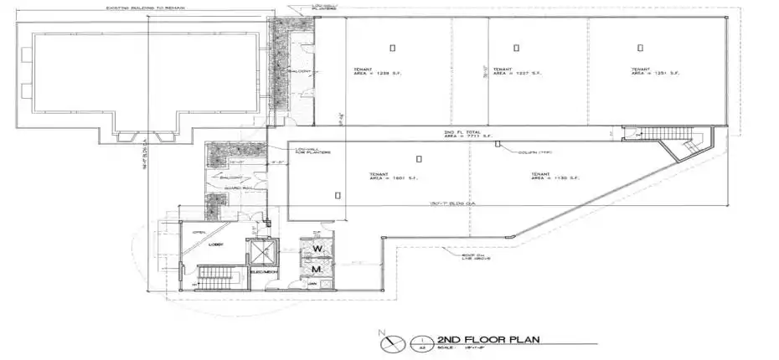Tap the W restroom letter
318,249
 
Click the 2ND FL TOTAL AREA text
462,135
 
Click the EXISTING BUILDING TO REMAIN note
145,8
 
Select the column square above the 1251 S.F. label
640,48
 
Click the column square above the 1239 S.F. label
391,47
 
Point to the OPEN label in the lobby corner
199,232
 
